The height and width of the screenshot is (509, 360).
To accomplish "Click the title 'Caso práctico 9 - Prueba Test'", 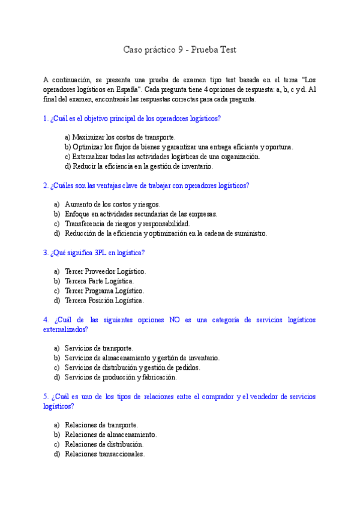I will pos(179,50).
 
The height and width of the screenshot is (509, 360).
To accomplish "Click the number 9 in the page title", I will pos(181,50).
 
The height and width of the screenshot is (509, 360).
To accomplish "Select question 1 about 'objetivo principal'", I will pos(132,119).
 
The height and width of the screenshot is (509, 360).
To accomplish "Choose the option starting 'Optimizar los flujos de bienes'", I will pos(179,147).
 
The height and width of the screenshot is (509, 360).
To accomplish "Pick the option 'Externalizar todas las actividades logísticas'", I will pos(162,157).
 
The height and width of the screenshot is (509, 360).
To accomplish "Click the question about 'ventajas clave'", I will pos(146,185).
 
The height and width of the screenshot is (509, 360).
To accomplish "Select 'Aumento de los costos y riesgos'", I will pos(108,204).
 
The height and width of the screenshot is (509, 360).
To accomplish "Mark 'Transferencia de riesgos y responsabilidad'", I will pos(127,223).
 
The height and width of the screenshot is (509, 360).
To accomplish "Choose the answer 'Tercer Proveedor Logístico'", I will pos(105,271).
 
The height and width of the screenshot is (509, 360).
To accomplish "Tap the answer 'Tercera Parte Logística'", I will pos(99,281).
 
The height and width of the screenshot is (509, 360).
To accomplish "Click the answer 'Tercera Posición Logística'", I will pos(104,300).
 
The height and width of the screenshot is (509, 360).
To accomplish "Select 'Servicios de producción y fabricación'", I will pos(121,377).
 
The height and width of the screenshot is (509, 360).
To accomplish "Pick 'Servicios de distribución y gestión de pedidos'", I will pos(132,367).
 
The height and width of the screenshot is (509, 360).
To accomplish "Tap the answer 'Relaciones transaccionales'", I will pos(104,454).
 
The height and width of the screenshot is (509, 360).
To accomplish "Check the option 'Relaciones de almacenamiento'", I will pos(110,435).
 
